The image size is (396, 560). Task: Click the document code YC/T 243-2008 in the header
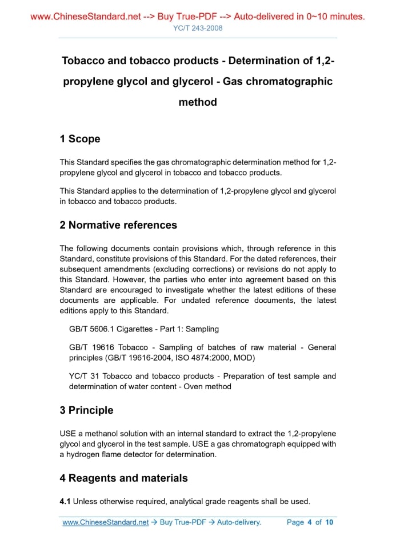tap(198, 28)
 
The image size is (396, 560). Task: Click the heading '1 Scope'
tap(80, 139)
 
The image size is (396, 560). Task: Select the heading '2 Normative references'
tap(118, 225)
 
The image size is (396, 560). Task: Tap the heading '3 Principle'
tap(86, 410)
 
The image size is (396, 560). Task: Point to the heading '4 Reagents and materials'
tap(123, 478)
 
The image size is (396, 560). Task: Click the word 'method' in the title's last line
tap(198, 102)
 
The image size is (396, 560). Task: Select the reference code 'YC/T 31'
tap(82, 376)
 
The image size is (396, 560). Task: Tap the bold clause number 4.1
tap(65, 502)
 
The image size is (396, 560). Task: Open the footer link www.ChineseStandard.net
tap(105, 522)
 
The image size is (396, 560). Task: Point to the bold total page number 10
tap(329, 522)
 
